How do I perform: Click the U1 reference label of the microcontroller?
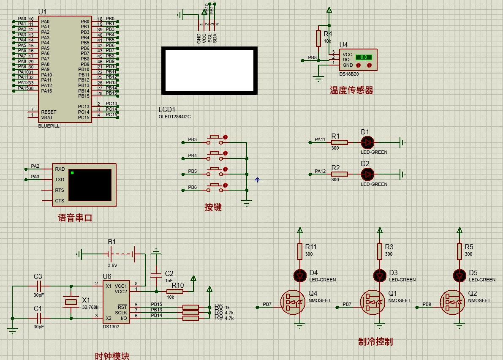(42, 12)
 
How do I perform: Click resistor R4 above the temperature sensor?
(318, 38)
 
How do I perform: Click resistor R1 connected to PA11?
(339, 142)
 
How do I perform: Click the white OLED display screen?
(209, 71)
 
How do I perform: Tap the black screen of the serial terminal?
(90, 185)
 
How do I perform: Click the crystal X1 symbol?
(71, 302)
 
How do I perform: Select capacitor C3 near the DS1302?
(38, 286)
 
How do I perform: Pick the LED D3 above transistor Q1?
(380, 276)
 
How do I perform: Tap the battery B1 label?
(111, 242)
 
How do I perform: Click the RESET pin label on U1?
(49, 112)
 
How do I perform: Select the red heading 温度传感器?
(351, 90)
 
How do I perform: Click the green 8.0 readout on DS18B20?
(363, 57)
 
